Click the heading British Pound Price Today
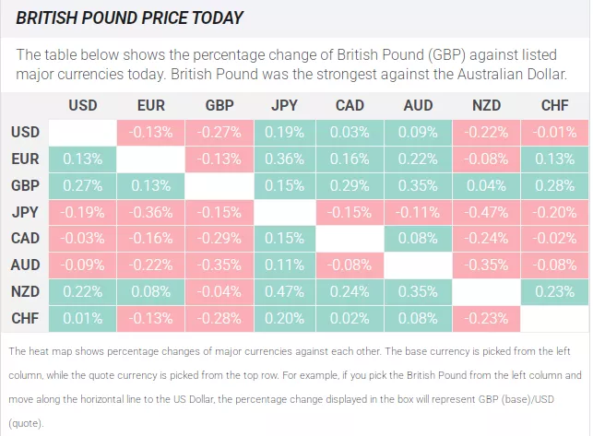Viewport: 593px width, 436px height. [x=130, y=18]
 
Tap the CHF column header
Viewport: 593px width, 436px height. [x=554, y=105]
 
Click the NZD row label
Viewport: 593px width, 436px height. [x=25, y=292]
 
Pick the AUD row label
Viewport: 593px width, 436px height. [x=25, y=265]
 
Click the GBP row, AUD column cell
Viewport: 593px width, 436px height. [x=418, y=185]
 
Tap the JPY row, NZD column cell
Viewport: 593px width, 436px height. [x=486, y=212]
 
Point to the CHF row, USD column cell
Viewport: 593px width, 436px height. [x=82, y=319]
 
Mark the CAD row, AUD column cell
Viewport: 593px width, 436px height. [x=418, y=239]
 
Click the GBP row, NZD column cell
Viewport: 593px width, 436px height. [x=486, y=185]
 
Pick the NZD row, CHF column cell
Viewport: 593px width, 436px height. [x=554, y=292]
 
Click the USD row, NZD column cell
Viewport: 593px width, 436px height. [x=486, y=132]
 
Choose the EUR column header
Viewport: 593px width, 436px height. [x=150, y=105]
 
